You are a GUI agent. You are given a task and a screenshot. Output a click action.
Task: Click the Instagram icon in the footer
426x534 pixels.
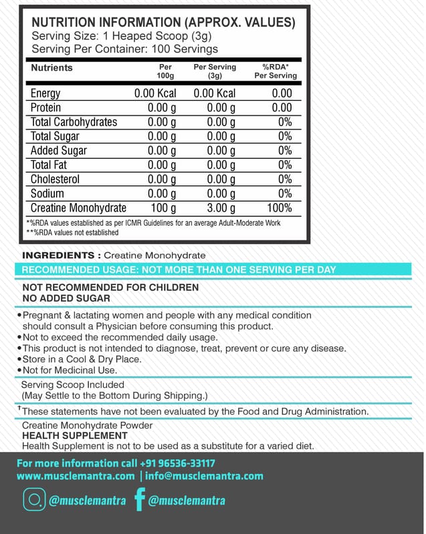32,500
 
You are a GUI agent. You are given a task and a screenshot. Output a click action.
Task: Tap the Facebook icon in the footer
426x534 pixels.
139,500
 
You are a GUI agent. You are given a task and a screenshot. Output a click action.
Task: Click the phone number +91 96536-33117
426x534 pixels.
177,463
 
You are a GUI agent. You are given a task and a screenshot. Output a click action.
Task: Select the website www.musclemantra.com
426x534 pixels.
75,476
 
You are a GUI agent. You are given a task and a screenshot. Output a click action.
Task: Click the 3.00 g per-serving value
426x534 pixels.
221,208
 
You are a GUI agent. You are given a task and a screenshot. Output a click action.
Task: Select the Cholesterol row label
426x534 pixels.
55,180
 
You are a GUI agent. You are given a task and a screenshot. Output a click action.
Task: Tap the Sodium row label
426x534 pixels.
47,194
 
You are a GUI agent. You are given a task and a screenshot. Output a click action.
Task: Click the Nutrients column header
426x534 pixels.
51,67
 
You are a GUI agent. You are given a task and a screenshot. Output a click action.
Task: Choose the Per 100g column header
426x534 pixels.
165,71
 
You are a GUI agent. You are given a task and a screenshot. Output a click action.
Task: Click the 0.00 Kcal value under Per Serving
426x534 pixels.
215,93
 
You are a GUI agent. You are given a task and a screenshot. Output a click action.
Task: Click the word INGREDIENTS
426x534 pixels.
59,255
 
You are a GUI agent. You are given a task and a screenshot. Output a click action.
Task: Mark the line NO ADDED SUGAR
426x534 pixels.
66,298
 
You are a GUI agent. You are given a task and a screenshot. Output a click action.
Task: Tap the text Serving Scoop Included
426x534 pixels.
73,384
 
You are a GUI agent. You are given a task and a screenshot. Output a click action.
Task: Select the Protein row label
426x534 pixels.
46,107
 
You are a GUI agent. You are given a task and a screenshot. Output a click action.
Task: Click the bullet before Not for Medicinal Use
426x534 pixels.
19,370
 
